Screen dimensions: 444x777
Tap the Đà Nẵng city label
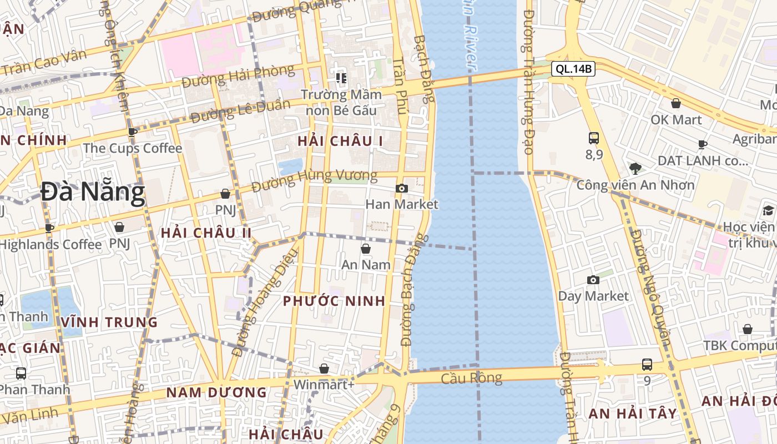click(x=93, y=192)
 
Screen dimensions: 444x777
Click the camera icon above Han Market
click(x=402, y=189)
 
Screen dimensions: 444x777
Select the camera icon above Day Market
click(x=593, y=280)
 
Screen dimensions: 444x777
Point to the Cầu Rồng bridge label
click(x=471, y=379)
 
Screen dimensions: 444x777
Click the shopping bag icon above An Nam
click(x=365, y=249)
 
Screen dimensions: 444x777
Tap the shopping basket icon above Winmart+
click(x=324, y=369)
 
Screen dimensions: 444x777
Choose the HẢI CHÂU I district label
click(x=340, y=141)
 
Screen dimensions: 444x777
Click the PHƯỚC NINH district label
click(x=334, y=301)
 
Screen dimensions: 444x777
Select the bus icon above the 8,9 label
click(x=594, y=138)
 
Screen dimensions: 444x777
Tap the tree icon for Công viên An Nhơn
click(x=635, y=168)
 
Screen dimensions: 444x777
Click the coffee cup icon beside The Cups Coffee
click(x=133, y=132)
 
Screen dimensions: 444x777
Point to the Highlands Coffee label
click(x=51, y=244)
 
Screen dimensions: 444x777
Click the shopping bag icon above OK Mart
click(x=676, y=103)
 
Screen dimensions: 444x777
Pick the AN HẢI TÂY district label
click(x=633, y=413)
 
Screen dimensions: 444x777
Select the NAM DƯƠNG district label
click(x=216, y=393)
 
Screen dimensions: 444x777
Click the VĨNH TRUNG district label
click(x=110, y=322)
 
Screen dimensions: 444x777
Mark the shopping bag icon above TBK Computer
click(x=748, y=329)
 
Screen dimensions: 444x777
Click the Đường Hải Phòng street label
click(x=238, y=76)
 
